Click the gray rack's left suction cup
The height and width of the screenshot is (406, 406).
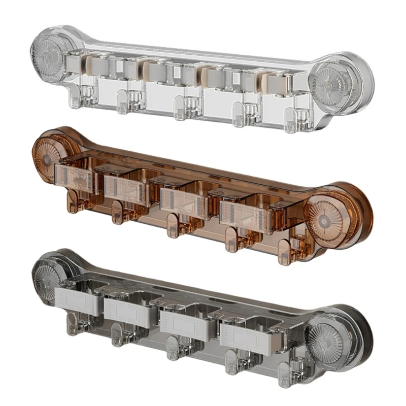(x=51, y=277)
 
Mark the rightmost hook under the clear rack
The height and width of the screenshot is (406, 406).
(x=291, y=122)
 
